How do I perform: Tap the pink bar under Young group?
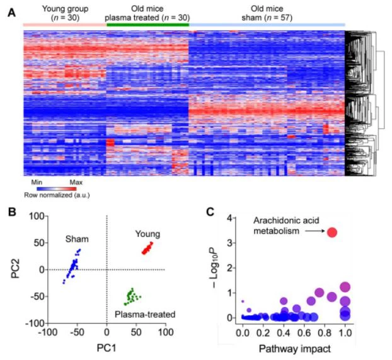[x=63, y=25]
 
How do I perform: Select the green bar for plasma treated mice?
[x=147, y=25]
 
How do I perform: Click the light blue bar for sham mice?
[x=267, y=25]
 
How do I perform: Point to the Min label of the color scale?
[x=37, y=181]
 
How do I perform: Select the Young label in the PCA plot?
[x=147, y=235]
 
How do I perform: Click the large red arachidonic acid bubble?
[x=332, y=233]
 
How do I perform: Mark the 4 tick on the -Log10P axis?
[x=232, y=218]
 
